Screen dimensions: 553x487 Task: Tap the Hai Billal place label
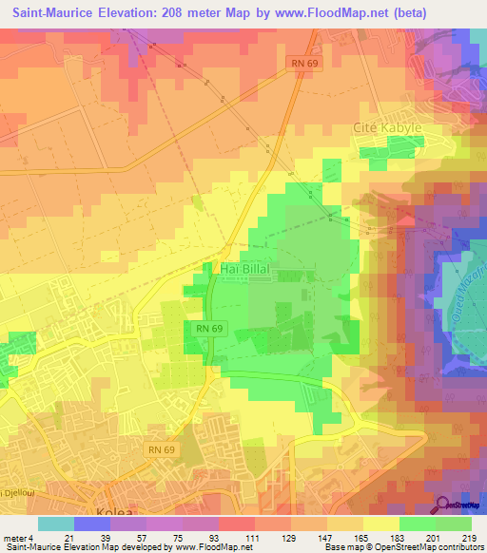pyautogui.click(x=247, y=270)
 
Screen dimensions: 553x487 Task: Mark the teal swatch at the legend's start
pyautogui.click(x=55, y=524)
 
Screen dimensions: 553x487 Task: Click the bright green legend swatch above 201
pyautogui.click(x=417, y=524)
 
